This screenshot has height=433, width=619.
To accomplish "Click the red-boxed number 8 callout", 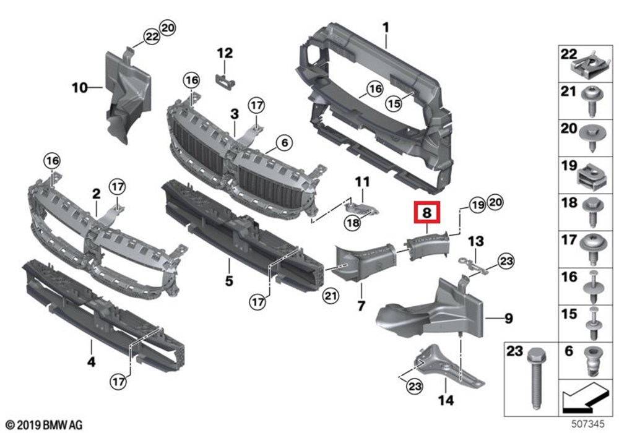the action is pyautogui.click(x=426, y=213).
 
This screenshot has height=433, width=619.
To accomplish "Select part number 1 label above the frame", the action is pyautogui.click(x=386, y=28).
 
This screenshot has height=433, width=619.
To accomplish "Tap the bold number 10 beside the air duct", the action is pyautogui.click(x=80, y=87).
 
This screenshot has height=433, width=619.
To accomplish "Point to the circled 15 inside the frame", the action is pyautogui.click(x=394, y=103).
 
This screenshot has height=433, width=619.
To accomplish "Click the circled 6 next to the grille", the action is pyautogui.click(x=285, y=143).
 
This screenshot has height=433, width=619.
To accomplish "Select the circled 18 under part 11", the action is pyautogui.click(x=352, y=223).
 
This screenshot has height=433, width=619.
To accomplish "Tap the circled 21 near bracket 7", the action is pyautogui.click(x=331, y=296).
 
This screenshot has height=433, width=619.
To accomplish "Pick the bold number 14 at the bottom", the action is pyautogui.click(x=446, y=400).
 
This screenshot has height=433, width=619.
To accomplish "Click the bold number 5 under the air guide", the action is pyautogui.click(x=229, y=281).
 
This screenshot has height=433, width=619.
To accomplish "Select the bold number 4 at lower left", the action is pyautogui.click(x=91, y=361).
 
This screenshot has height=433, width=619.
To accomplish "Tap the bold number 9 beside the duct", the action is pyautogui.click(x=508, y=318).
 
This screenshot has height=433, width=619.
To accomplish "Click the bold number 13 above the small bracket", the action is pyautogui.click(x=476, y=241).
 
